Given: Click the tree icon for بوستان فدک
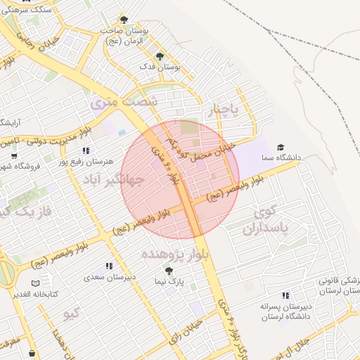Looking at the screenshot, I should [160, 56].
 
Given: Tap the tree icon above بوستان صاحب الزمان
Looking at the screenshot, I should [124, 20].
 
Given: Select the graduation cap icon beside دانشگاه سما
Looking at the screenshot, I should [281, 147].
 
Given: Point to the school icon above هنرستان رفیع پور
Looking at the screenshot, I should [86, 150].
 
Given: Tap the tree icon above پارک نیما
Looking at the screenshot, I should [168, 269].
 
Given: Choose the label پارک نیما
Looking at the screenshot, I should [169, 282].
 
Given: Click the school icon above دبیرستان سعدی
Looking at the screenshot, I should [108, 266].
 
